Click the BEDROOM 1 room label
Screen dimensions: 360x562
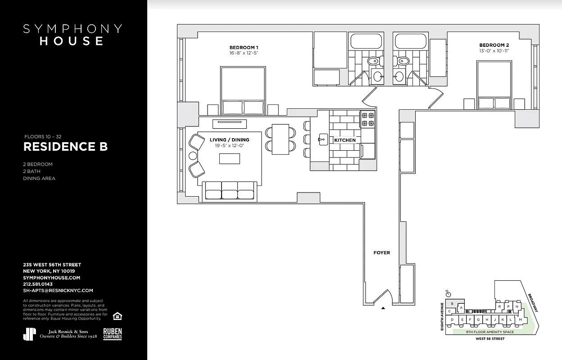244,47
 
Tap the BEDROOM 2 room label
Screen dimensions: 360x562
494,45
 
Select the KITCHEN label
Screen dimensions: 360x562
345,140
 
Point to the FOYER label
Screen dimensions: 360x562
381,253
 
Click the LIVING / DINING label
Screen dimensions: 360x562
229,140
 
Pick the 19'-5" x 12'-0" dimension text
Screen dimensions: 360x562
229,145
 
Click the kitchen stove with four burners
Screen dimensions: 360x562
368,119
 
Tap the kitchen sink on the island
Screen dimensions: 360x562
322,139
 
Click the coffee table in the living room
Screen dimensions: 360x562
229,159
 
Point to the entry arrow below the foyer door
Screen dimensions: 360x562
383,308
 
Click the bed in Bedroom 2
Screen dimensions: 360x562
494,85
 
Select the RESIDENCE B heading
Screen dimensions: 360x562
65,147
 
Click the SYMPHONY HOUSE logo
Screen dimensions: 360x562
73,35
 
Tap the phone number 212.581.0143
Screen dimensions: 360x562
38,284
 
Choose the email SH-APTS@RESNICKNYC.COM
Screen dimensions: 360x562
58,291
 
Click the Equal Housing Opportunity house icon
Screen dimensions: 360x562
117,315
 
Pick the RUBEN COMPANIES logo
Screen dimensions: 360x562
113,333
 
